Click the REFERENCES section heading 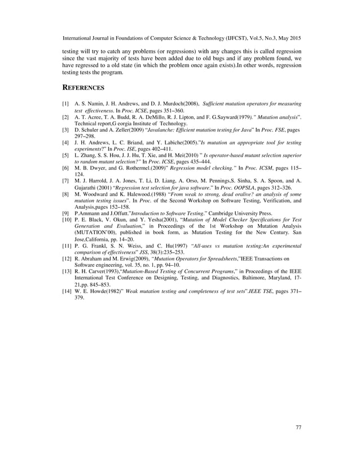[82, 89]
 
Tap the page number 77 [298, 427]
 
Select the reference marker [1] [65, 105]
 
